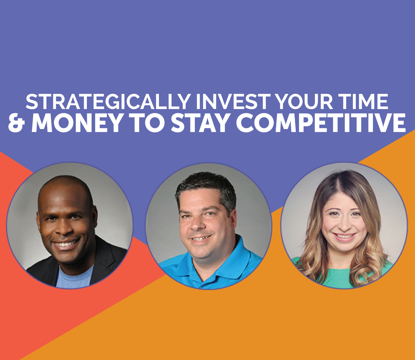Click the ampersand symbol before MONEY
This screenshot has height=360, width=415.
coord(17,122)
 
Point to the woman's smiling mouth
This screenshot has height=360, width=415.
coord(345,237)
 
